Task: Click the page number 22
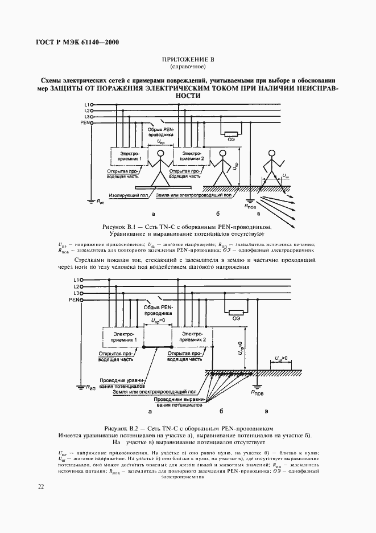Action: coord(40,486)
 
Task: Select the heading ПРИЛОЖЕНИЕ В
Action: coord(187,60)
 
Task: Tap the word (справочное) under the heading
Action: coord(187,67)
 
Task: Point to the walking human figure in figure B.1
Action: coord(271,165)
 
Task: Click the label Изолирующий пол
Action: coord(129,194)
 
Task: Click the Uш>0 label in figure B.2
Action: coord(281,358)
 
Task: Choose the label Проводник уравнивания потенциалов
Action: coord(123,383)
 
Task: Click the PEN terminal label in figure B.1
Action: coord(85,122)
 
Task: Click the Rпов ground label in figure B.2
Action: coord(257,393)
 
